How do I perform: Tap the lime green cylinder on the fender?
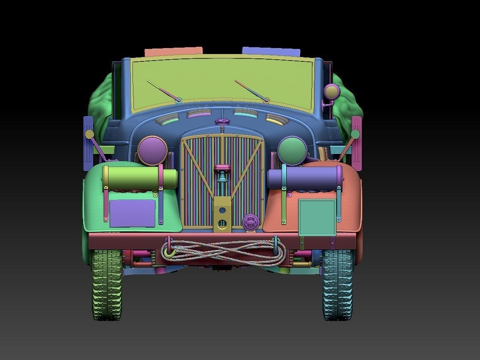tap(140, 178)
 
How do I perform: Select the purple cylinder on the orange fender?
tap(304, 177)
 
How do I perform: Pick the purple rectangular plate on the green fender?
tap(132, 213)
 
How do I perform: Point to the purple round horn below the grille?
tap(251, 222)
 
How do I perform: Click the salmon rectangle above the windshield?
tap(174, 52)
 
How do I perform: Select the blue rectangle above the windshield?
tap(271, 51)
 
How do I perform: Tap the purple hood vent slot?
tap(199, 114)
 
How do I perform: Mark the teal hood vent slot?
tap(245, 113)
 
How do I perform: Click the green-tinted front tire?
tap(107, 285)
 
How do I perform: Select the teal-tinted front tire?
tap(338, 285)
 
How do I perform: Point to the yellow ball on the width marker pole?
tap(90, 135)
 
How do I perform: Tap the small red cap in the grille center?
tap(222, 167)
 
